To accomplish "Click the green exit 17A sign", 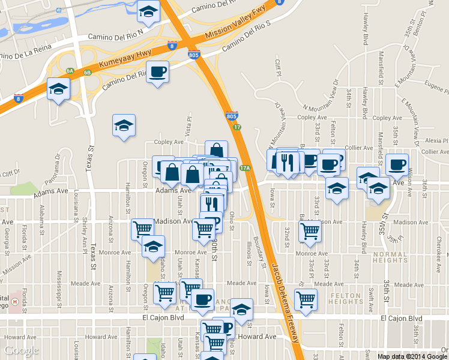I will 244,169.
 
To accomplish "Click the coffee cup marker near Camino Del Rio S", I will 157,72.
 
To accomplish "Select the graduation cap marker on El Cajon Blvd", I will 241,310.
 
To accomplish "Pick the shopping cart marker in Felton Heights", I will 306,298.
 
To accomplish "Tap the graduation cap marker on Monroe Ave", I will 154,246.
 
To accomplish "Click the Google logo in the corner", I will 21,350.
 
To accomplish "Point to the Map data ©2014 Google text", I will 412,356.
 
